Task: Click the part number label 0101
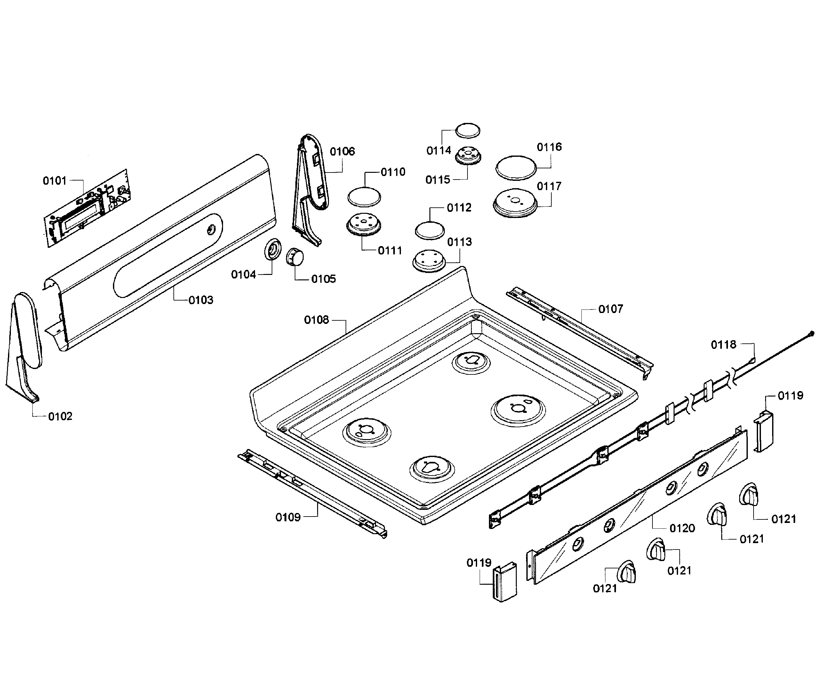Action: (x=54, y=181)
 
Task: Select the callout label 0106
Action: (x=342, y=151)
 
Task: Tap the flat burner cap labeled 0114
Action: (x=468, y=130)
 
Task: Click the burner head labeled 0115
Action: (x=468, y=155)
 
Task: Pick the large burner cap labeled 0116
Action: (x=516, y=168)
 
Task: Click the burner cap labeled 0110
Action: (x=364, y=197)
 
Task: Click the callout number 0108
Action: (x=316, y=320)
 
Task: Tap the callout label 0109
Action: (x=288, y=517)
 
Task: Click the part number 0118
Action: (x=723, y=345)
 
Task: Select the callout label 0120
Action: (x=682, y=528)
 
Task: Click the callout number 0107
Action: (x=610, y=309)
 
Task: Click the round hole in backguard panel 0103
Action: (x=211, y=229)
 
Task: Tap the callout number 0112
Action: (x=459, y=207)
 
